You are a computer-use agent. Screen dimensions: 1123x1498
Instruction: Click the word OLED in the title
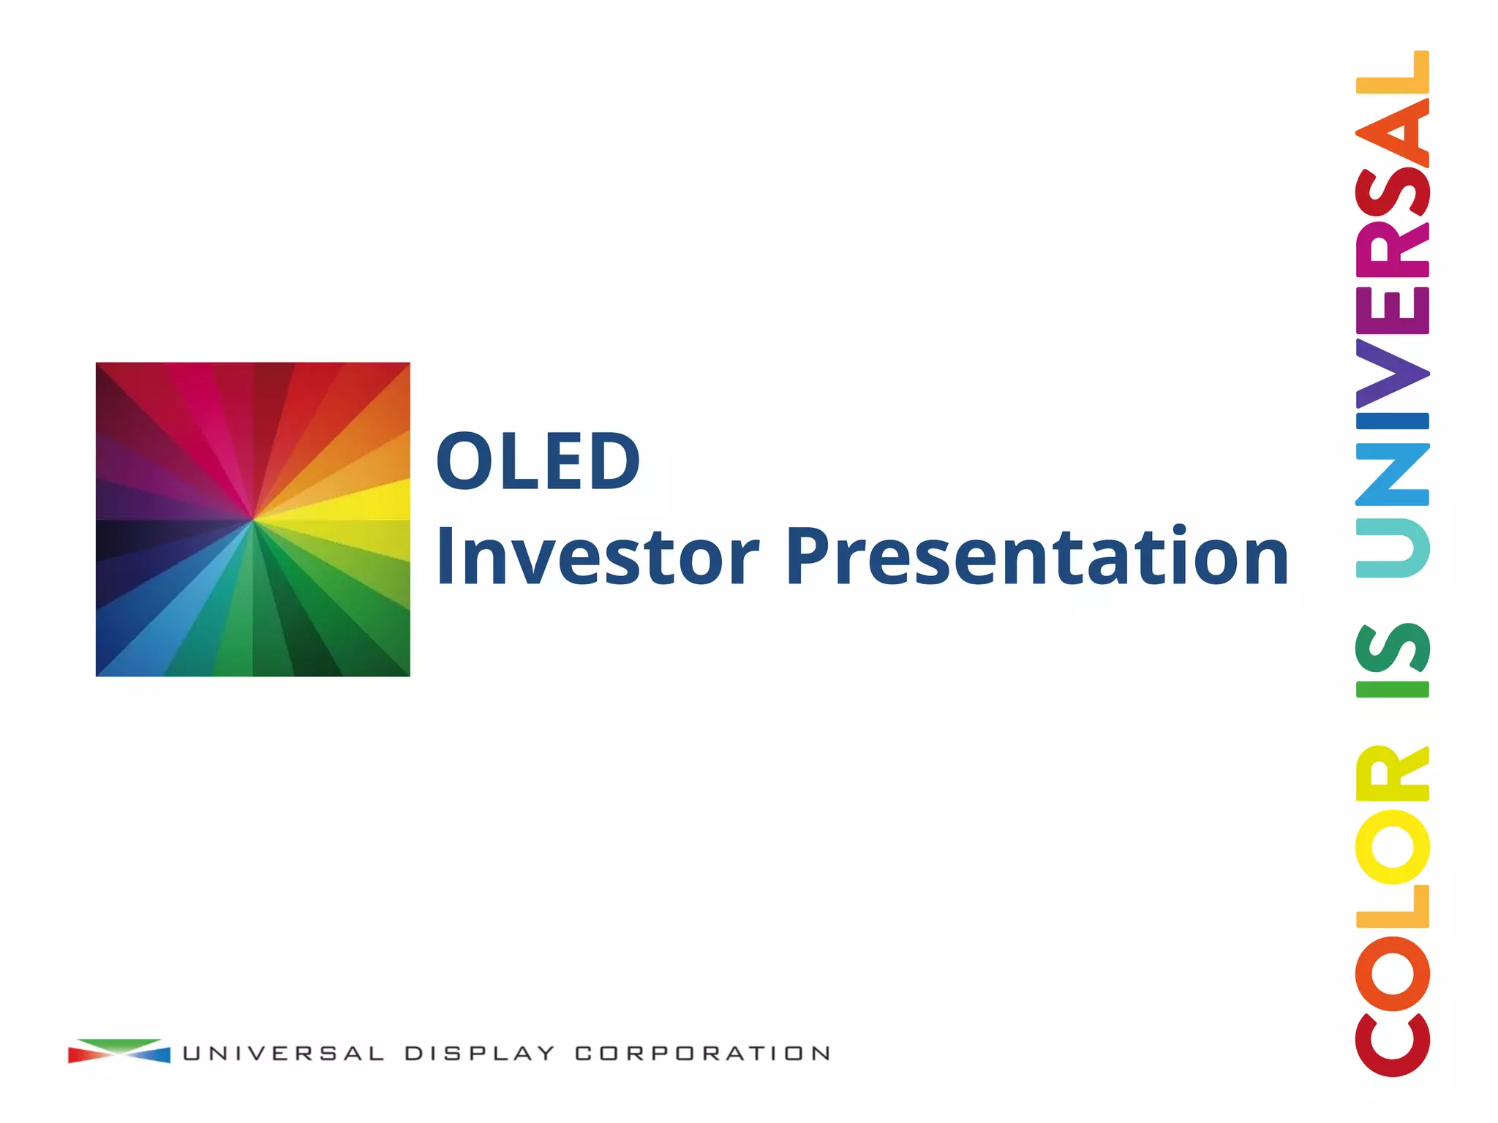coord(538,461)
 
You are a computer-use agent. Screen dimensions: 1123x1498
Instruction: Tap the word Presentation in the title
coord(1036,557)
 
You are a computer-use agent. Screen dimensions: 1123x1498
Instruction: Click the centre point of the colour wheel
coord(253,520)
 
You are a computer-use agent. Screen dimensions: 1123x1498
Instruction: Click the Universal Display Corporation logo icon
coord(119,1051)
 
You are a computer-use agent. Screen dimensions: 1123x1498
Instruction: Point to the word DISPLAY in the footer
coord(479,1054)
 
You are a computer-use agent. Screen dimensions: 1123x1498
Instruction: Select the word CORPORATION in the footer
coord(702,1054)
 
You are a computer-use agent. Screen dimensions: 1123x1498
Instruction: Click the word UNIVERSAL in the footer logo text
coord(283,1054)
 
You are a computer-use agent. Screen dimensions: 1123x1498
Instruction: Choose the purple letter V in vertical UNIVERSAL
coord(1392,374)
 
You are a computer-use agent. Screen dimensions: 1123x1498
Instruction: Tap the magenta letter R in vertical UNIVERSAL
coord(1392,249)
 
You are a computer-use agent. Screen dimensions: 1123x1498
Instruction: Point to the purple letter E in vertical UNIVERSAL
coord(1392,311)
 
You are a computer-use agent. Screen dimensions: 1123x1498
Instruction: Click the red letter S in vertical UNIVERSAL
coord(1392,192)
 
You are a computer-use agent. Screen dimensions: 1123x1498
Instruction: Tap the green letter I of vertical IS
coord(1392,689)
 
